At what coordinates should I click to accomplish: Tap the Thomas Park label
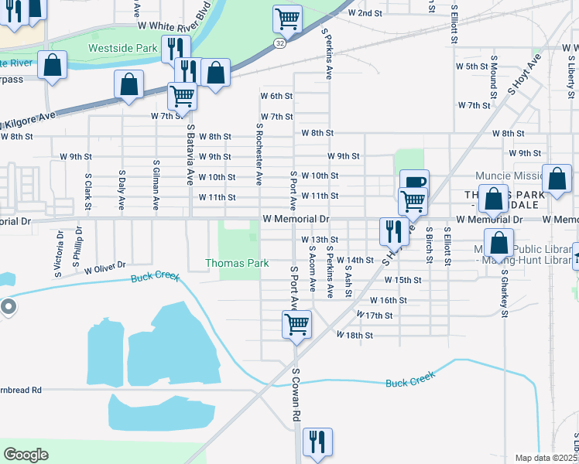(x=237, y=263)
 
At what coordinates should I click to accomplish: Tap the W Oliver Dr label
(x=105, y=270)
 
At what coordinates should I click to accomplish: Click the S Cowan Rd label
(x=296, y=394)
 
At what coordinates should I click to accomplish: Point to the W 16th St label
(x=388, y=300)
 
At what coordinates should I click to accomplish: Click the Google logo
(x=26, y=454)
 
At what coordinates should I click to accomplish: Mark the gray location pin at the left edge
(x=9, y=307)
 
